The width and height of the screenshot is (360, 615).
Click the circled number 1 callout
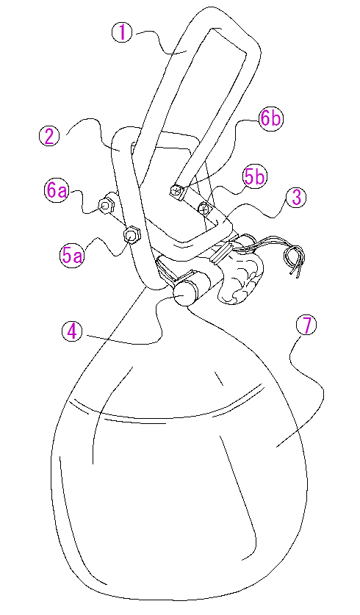123,32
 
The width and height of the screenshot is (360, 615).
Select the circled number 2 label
49,137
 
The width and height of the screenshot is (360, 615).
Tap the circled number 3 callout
297,197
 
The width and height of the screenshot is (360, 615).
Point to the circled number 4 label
72,332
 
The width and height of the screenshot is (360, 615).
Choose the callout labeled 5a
72,256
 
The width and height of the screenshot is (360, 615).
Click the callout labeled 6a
56,191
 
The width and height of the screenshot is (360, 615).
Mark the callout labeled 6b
270,118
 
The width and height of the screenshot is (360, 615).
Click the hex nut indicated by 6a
106,205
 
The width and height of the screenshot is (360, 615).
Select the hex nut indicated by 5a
131,235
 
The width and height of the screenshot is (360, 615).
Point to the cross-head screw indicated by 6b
176,191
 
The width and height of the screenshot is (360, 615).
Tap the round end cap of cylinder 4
182,294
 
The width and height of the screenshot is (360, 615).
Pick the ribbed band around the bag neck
221,253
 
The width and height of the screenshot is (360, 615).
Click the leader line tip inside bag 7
276,446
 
